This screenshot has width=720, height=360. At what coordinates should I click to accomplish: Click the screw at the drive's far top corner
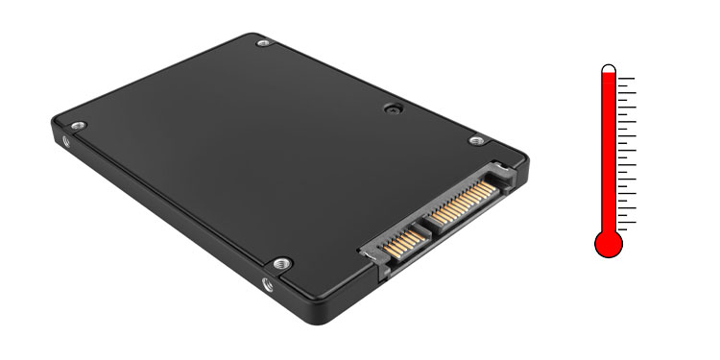tap(264, 43)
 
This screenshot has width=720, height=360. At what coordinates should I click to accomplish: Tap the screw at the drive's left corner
tap(79, 126)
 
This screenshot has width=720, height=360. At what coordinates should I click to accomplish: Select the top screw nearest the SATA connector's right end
tap(475, 140)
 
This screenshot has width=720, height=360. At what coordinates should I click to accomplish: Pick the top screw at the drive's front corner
tap(279, 261)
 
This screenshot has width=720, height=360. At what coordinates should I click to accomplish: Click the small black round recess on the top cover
tap(391, 108)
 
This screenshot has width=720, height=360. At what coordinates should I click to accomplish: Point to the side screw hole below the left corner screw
tap(66, 141)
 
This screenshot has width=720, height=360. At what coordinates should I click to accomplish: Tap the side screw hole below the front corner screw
tap(268, 283)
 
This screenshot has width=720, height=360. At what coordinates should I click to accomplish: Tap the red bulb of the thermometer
tap(609, 244)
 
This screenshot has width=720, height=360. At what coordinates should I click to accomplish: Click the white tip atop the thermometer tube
tap(609, 69)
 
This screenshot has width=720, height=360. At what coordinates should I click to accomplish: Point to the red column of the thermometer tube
tap(609, 154)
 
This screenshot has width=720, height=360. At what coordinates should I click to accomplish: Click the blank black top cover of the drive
tap(240, 154)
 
